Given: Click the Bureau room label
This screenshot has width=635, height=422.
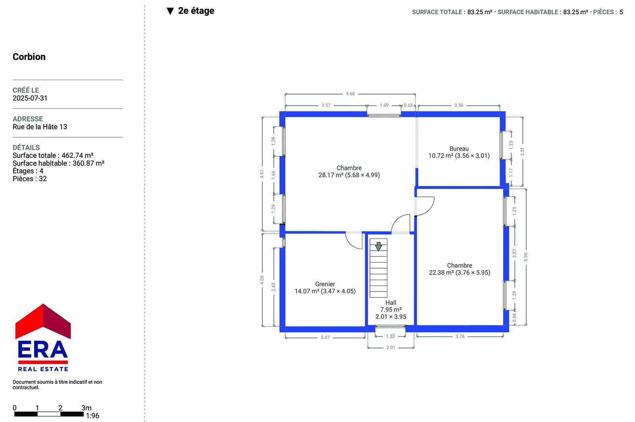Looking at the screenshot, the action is point(459,149).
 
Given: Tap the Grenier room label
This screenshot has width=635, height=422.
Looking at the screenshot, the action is point(325,284).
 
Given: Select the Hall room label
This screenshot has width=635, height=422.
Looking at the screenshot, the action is point(391,303).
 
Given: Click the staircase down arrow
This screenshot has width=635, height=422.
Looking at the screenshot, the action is point(379,246).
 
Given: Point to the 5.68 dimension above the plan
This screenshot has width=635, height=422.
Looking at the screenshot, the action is point(350,94).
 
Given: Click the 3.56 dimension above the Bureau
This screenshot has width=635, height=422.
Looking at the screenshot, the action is point(459,105).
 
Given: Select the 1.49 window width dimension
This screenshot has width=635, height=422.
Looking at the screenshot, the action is point(384,105).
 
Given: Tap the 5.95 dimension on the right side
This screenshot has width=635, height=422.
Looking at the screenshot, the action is point(525,257).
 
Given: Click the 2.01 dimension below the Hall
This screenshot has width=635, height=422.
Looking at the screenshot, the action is point(391,347).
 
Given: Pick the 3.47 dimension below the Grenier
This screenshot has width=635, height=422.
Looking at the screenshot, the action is point(325,338).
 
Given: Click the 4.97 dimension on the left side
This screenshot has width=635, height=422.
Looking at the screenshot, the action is point(262,174).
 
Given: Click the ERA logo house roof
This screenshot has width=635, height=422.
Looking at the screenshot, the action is point(43,321).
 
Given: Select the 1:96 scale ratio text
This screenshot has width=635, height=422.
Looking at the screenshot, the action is point(92,416).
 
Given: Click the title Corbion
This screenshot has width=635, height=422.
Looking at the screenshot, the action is point(29,57).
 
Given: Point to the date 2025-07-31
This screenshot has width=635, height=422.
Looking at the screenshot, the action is point(30,98).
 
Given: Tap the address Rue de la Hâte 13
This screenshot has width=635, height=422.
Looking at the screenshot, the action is point(40,127).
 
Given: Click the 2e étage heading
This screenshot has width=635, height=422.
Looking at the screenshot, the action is point(196,11).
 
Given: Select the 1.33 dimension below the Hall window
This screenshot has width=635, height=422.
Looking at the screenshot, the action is point(390,336).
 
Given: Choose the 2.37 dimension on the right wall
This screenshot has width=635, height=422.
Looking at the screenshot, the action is point(514,253).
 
